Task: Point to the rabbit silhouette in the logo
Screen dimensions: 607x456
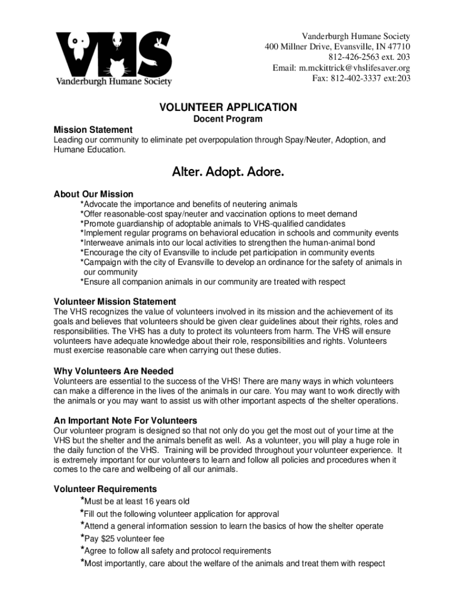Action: tap(159, 43)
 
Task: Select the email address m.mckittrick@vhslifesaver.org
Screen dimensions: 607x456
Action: tap(354, 68)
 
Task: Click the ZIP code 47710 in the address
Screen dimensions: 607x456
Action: tap(398, 47)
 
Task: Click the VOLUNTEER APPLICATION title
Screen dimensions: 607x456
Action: tap(228, 107)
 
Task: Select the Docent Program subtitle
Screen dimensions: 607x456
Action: tap(228, 119)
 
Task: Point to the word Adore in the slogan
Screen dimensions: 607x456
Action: tap(265, 172)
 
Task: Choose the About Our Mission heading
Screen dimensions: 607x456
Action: tap(94, 194)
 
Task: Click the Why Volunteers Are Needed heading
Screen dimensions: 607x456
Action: tap(113, 372)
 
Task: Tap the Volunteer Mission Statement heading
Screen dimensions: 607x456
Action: tap(115, 302)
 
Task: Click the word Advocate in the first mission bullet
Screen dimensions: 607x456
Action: tap(101, 205)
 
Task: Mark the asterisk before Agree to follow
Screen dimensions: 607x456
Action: tap(82, 550)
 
